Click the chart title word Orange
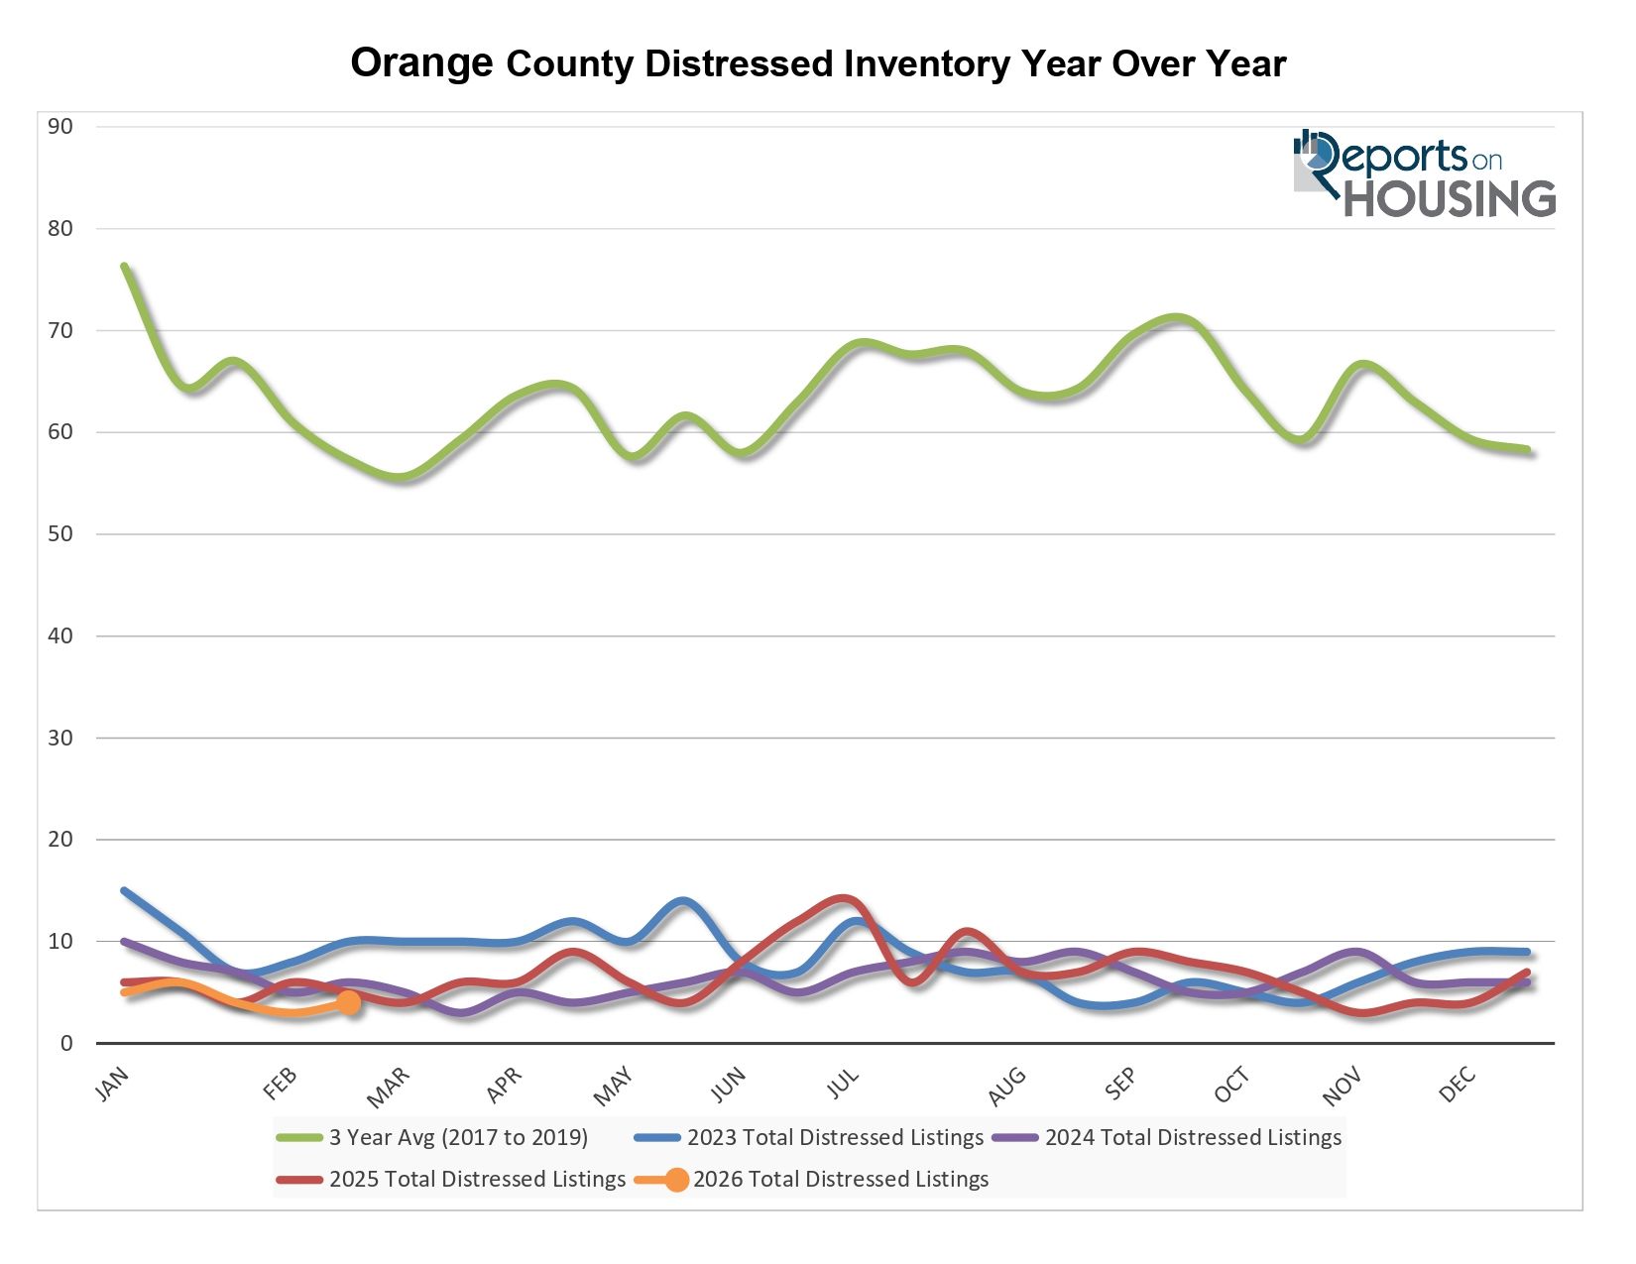coord(421,63)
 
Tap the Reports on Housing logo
coord(1424,174)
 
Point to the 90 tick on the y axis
coord(60,127)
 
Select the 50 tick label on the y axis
coord(60,534)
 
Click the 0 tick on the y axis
coord(66,1043)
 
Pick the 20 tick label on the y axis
coord(60,840)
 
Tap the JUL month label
coord(843,1086)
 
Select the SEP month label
coord(1120,1086)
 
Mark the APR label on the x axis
coord(504,1086)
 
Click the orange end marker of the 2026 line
coord(348,1002)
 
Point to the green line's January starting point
coord(124,266)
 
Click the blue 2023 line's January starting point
coord(124,890)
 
